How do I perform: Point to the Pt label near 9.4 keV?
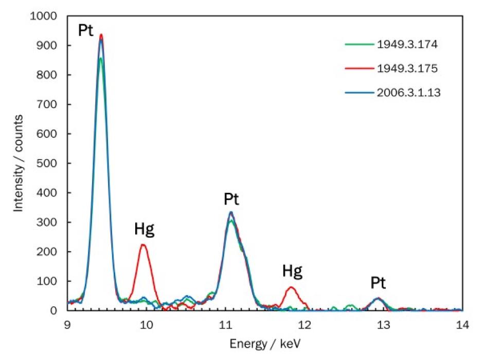click(85, 30)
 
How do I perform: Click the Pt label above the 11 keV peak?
click(231, 200)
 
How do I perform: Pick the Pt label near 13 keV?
click(378, 283)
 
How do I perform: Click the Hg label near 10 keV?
click(144, 230)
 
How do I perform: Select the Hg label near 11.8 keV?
click(292, 271)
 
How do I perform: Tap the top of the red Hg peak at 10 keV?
click(143, 245)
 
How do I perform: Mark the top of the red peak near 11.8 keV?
click(291, 287)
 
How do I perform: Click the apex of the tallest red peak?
click(101, 35)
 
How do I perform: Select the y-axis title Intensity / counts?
click(19, 164)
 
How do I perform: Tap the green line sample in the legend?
click(358, 45)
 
